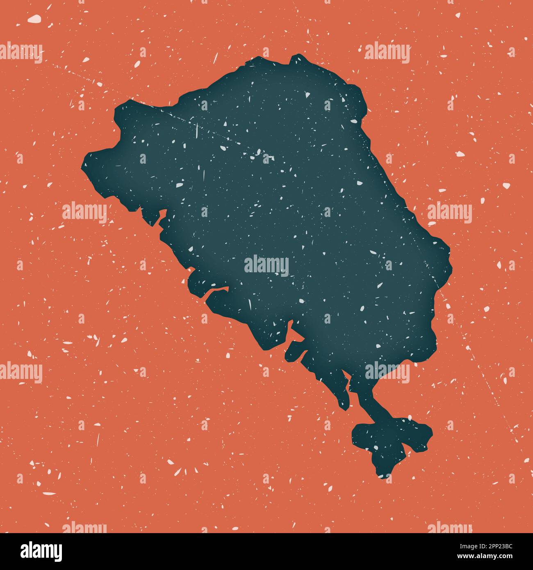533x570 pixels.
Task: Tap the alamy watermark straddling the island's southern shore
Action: (387, 372)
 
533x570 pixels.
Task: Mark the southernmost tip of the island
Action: (383, 477)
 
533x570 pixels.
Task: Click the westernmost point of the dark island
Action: (84, 164)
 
